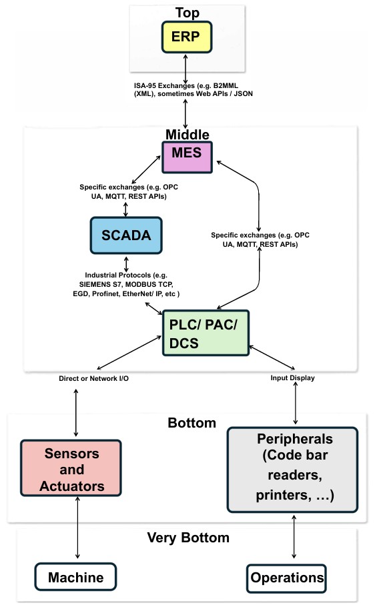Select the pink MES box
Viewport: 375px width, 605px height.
[x=187, y=157]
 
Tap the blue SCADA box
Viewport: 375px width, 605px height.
[x=125, y=235]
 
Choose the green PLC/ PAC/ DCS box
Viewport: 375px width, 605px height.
[x=205, y=334]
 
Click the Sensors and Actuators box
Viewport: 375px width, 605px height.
[x=71, y=469]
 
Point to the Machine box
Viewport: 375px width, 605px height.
[x=76, y=578]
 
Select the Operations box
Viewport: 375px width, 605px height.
[x=287, y=578]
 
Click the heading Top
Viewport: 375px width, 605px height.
[x=187, y=13]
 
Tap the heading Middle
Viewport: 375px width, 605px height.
[x=187, y=135]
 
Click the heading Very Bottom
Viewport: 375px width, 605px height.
[x=187, y=538]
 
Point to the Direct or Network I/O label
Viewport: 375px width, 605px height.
[x=94, y=378]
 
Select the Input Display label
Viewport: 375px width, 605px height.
[x=292, y=378]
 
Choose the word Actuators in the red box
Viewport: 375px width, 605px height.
[x=71, y=486]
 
